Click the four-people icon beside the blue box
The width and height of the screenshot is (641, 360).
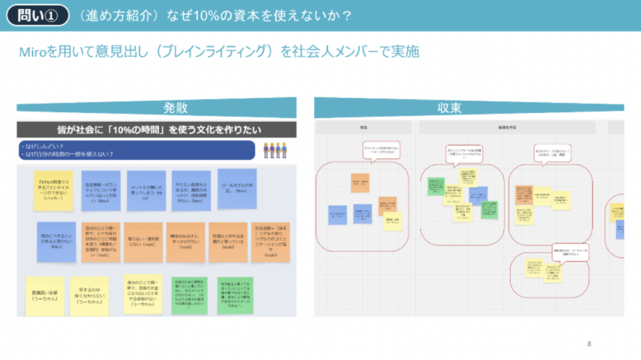[x=275, y=150]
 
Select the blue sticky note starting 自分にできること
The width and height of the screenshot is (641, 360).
[x=56, y=242]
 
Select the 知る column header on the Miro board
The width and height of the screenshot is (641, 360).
[x=363, y=127]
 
